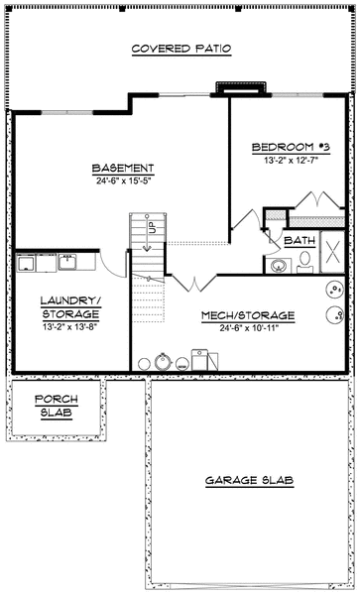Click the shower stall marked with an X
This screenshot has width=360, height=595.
click(x=332, y=248)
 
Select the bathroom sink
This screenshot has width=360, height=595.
click(x=278, y=265)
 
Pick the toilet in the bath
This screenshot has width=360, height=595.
click(x=305, y=261)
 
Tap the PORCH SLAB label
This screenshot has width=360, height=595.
click(x=56, y=407)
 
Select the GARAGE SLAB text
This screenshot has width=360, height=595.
click(x=249, y=480)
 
